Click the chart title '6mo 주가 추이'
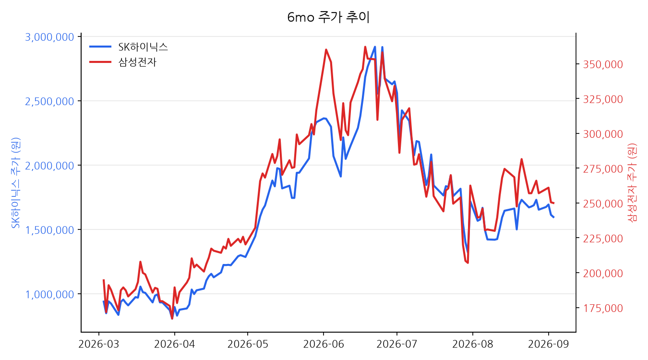(328, 17)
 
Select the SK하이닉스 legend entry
(129, 47)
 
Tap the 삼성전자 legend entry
(123, 62)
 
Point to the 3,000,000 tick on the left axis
(49, 37)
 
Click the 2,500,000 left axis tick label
(49, 102)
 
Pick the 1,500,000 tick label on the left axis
(49, 230)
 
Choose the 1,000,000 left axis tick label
(49, 295)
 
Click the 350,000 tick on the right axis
(603, 64)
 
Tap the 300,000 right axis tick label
(603, 134)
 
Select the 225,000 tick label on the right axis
(603, 239)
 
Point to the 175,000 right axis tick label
(603, 308)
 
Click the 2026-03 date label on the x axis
(99, 344)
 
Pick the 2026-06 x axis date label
(324, 344)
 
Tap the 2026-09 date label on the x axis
(549, 344)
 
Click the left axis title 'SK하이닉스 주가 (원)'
(15, 183)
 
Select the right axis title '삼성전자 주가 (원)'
(632, 183)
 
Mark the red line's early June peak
(326, 50)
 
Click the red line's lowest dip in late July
(468, 263)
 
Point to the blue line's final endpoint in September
(553, 217)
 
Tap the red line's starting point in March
(104, 280)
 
